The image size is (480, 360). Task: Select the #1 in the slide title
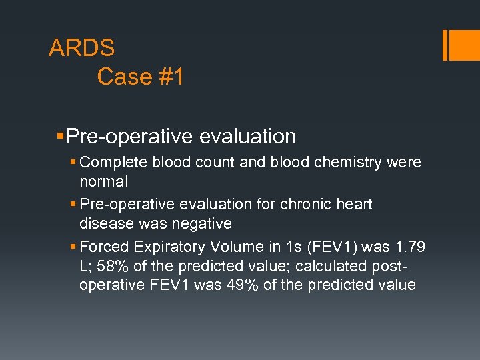(171, 77)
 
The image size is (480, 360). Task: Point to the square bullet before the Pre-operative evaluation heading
(61, 136)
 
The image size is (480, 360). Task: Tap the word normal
(103, 181)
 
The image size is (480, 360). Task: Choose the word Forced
(105, 247)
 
